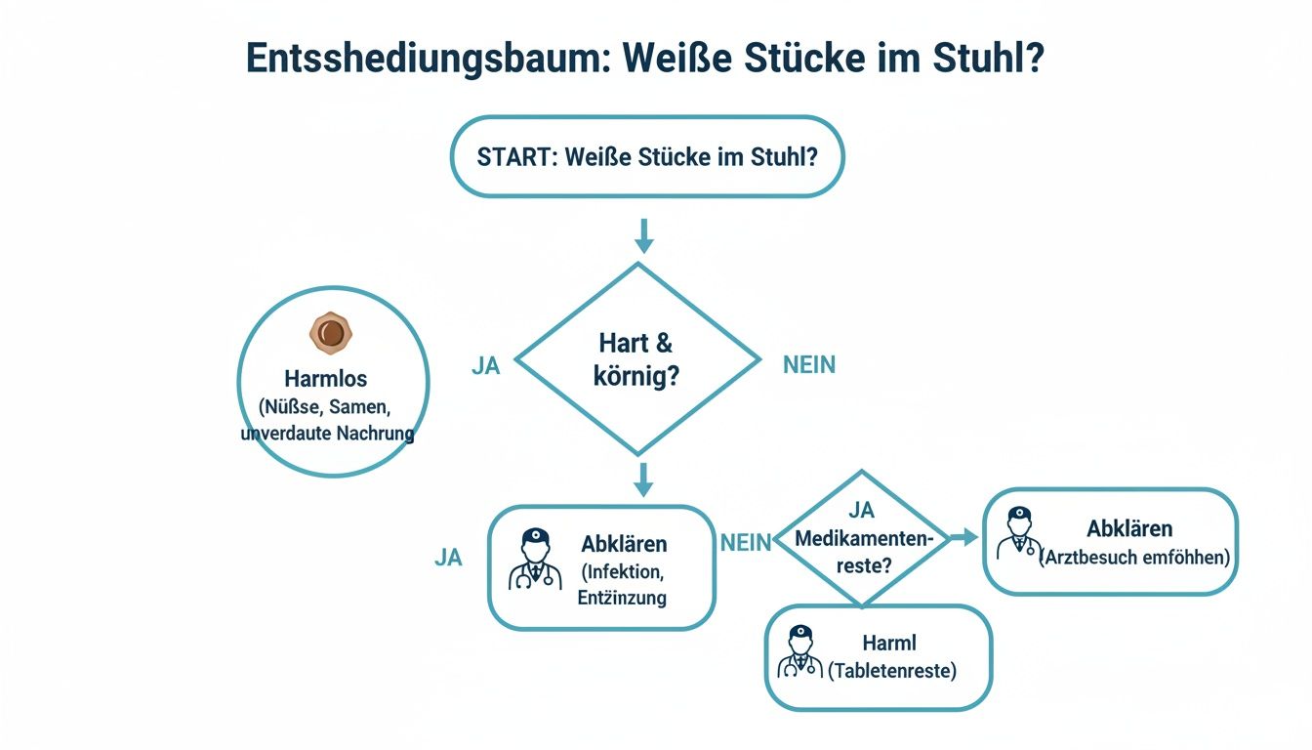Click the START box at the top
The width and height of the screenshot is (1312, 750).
pyautogui.click(x=646, y=157)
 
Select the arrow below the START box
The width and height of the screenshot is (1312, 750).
pyautogui.click(x=643, y=235)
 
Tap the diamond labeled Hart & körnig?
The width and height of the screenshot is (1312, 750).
pyautogui.click(x=637, y=359)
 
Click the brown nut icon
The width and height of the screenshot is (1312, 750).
pyautogui.click(x=331, y=334)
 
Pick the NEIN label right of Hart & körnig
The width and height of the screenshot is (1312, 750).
pyautogui.click(x=809, y=365)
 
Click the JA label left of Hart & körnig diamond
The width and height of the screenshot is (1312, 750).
pyautogui.click(x=485, y=365)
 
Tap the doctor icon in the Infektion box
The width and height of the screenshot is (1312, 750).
pyautogui.click(x=535, y=560)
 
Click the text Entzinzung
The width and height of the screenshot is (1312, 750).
pyautogui.click(x=623, y=597)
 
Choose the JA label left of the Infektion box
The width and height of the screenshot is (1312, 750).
pyautogui.click(x=448, y=558)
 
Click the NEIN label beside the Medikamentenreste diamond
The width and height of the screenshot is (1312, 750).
pyautogui.click(x=746, y=544)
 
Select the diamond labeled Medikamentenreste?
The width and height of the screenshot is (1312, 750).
pyautogui.click(x=863, y=539)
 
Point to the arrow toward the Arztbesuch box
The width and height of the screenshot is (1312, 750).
pyautogui.click(x=963, y=537)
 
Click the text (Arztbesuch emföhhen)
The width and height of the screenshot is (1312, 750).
pyautogui.click(x=1134, y=558)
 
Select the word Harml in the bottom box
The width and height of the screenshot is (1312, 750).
pyautogui.click(x=889, y=644)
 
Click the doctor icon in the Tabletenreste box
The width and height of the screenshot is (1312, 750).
pyautogui.click(x=799, y=651)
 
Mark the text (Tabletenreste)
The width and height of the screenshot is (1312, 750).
pyautogui.click(x=892, y=671)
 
